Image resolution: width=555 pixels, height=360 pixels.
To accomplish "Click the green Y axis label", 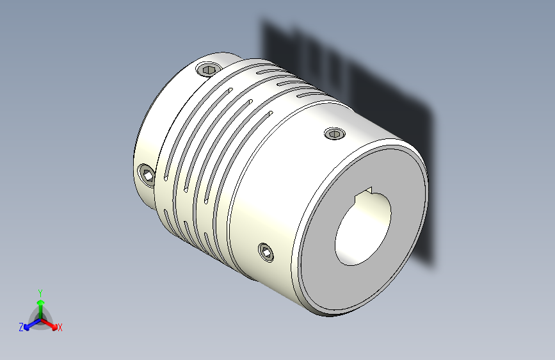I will point(40,291).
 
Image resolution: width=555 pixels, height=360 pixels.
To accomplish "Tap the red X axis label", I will point(60,328).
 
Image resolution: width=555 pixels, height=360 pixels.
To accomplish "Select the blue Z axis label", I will point(20,327).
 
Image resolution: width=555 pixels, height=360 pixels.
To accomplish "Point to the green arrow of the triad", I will point(40,304).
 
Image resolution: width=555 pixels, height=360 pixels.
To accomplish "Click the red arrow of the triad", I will point(51,322).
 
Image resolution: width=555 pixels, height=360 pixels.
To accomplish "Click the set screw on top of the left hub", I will point(209,69).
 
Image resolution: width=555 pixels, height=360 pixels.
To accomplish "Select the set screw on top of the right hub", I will point(335,133).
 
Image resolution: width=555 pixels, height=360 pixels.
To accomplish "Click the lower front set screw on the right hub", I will point(266,252).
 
